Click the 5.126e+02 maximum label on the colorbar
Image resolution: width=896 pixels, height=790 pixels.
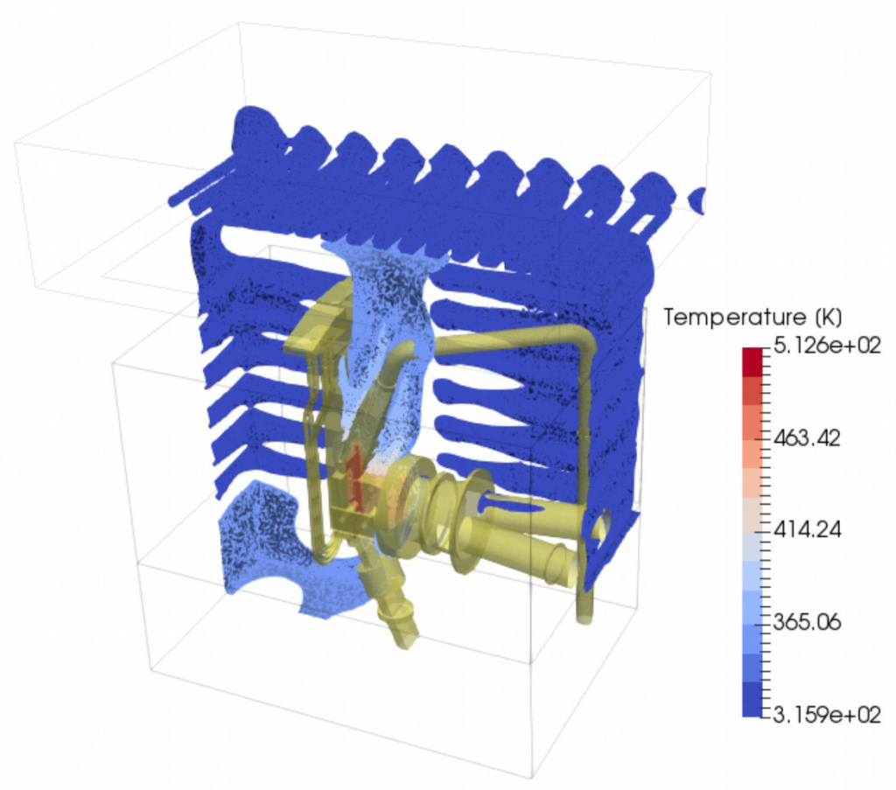(x=826, y=346)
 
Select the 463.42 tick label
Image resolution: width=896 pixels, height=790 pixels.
(x=807, y=438)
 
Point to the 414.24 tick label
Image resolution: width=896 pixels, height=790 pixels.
(x=807, y=530)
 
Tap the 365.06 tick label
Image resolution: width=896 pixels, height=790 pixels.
(x=807, y=621)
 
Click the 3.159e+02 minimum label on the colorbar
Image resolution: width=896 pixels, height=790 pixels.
(x=826, y=714)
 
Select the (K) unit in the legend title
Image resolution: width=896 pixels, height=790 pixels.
(x=826, y=317)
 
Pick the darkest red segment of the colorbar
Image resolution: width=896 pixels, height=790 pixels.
(x=752, y=361)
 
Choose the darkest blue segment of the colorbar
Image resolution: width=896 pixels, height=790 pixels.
(x=752, y=700)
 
